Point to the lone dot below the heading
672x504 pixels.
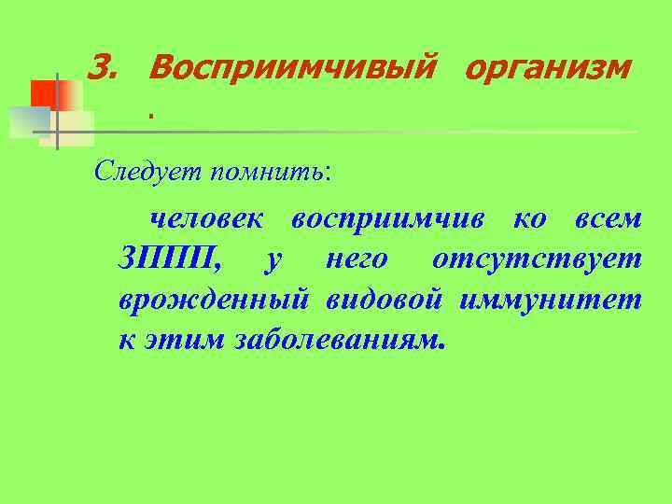click(x=148, y=117)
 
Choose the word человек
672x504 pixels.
click(x=207, y=218)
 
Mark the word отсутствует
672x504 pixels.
click(x=537, y=259)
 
